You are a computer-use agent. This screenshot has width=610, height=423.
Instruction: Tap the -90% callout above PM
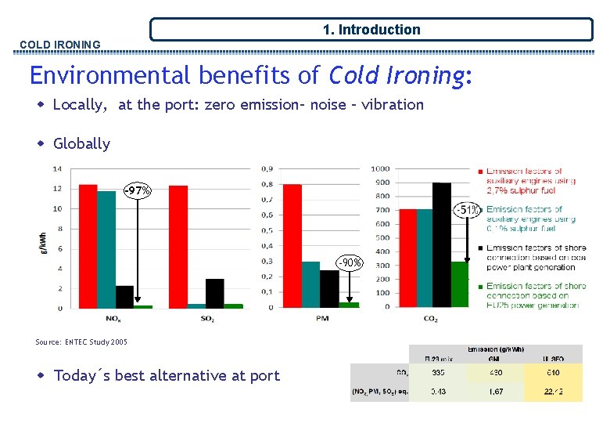[x=349, y=262]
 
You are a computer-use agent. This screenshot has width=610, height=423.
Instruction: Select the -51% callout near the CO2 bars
[x=468, y=209]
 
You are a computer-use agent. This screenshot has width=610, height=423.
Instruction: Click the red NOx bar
[x=88, y=246]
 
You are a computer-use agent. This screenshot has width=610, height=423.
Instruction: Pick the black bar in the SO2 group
[x=215, y=293]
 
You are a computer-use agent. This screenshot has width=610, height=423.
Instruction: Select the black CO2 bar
[x=442, y=244]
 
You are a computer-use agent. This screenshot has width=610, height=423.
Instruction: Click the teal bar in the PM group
[x=310, y=284]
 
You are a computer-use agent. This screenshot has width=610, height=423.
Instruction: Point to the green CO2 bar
[x=460, y=284]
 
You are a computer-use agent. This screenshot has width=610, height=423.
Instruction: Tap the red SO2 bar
[x=178, y=246]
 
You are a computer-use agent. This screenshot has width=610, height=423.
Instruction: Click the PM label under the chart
[x=321, y=318]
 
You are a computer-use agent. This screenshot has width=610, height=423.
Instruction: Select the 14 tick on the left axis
[x=57, y=168]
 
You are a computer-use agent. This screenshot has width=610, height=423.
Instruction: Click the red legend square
[x=479, y=172]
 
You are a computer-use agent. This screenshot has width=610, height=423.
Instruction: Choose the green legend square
[x=479, y=287]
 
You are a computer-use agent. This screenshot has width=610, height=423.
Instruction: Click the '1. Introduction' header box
[x=371, y=30]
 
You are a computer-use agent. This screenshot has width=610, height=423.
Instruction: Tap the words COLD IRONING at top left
[x=60, y=45]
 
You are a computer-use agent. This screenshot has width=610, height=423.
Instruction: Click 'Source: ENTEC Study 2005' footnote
[x=81, y=342]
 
